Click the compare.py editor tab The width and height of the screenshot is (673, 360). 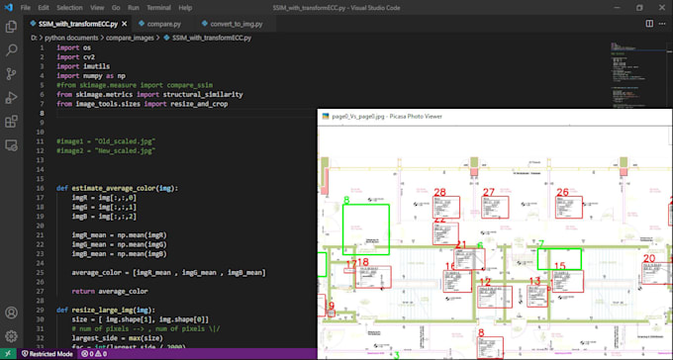pos(163,23)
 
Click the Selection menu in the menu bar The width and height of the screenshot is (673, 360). pos(69,7)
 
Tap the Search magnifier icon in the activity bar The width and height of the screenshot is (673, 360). pos(12,48)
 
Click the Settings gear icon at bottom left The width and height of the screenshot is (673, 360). pos(12,336)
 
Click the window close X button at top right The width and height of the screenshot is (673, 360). pos(661,7)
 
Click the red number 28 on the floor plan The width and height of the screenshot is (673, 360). pos(439,192)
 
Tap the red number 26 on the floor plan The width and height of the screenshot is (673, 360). pos(562,192)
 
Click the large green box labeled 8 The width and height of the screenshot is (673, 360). pos(366,229)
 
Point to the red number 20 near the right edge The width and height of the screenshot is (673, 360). pos(649,259)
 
